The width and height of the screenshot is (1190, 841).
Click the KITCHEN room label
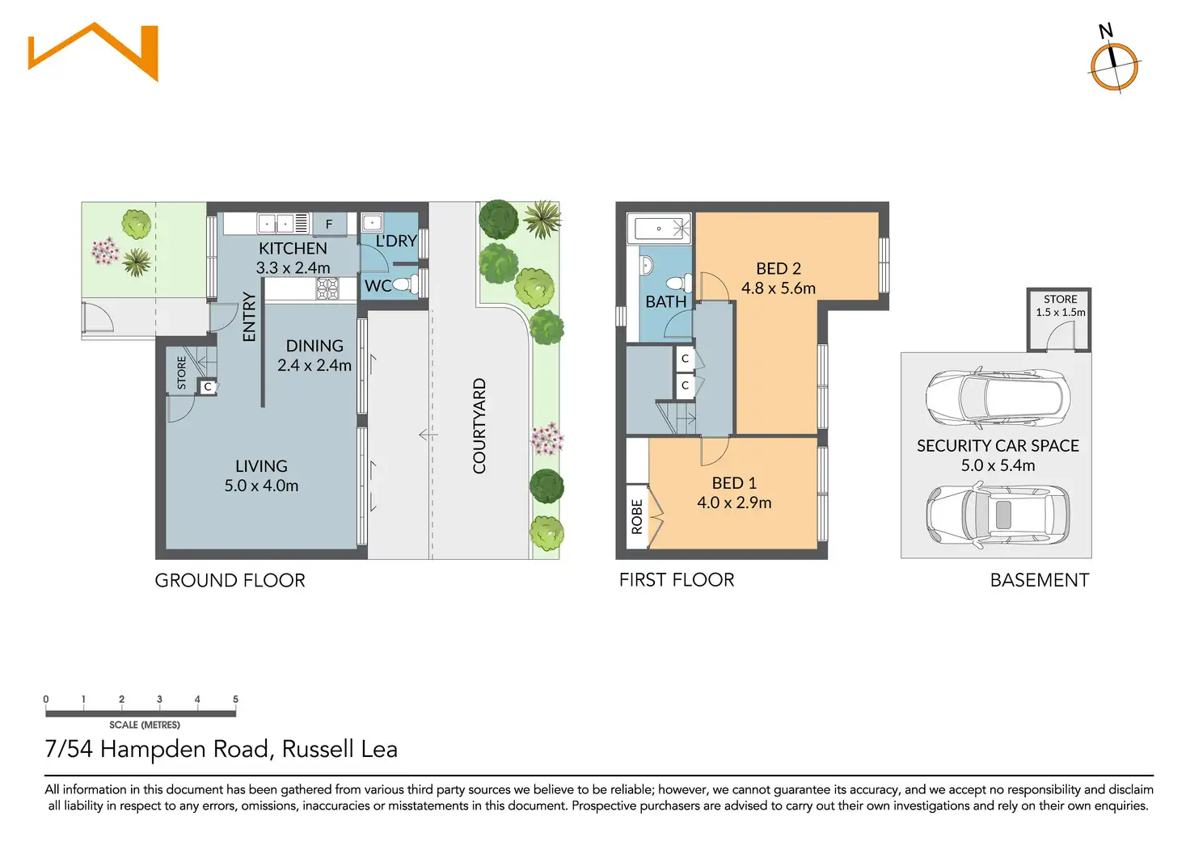(x=293, y=248)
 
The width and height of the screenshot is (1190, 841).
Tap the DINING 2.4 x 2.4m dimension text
(x=314, y=365)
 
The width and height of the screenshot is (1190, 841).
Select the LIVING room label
(x=261, y=466)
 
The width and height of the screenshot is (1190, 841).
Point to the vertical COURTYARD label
(x=479, y=426)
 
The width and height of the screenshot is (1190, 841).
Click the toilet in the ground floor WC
(x=409, y=284)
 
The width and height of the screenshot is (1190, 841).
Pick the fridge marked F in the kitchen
(x=329, y=224)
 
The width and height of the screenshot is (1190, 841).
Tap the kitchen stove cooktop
(x=327, y=288)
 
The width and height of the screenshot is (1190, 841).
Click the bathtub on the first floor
(x=659, y=229)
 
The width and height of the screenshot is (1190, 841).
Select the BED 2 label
(x=778, y=268)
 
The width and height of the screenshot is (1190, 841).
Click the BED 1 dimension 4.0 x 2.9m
(x=734, y=502)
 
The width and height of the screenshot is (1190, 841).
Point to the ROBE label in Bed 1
(x=637, y=517)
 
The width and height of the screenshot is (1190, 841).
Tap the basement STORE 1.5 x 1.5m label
(x=1060, y=305)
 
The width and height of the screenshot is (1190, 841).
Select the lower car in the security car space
(x=998, y=515)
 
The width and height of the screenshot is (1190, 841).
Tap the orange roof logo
(x=94, y=51)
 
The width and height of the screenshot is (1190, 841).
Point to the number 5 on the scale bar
(x=235, y=700)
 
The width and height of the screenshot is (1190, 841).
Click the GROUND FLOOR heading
(x=230, y=580)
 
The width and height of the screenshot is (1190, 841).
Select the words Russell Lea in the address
(x=340, y=749)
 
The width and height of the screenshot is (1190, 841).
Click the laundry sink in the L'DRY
(x=372, y=222)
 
